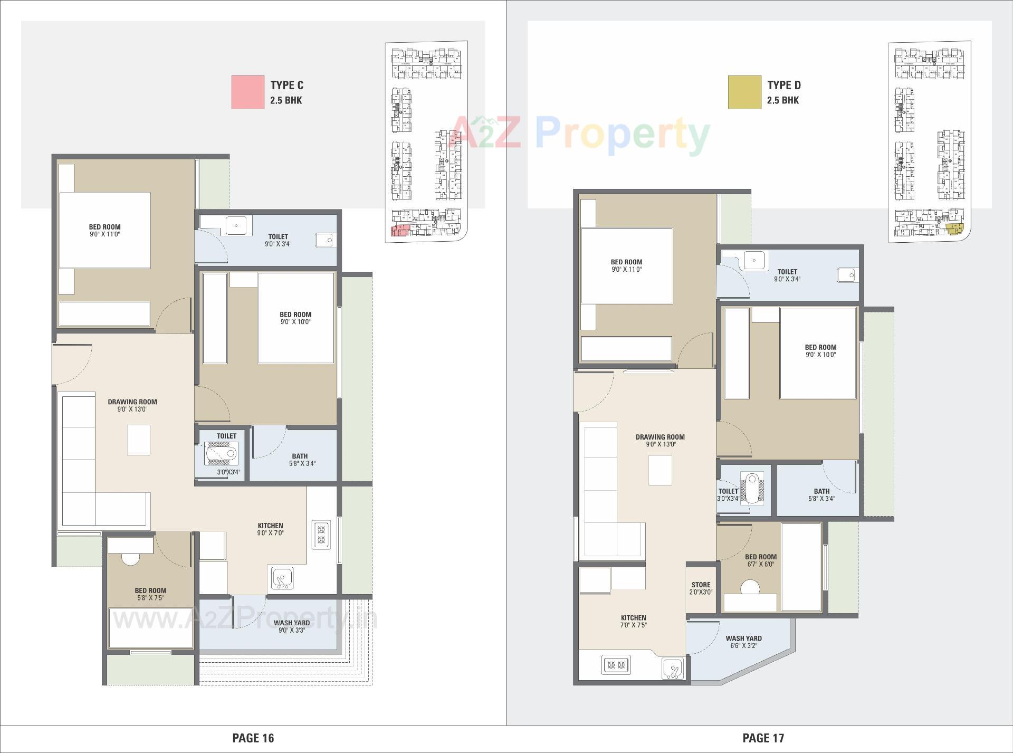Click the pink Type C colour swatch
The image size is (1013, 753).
tap(247, 92)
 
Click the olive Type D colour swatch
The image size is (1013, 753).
tap(744, 92)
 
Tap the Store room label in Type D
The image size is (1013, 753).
tap(701, 588)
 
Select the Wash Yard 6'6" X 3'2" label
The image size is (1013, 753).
tap(743, 642)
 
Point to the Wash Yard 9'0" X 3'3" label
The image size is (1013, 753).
tap(291, 626)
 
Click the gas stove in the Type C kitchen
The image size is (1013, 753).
tap(321, 535)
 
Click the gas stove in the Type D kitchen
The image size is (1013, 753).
tap(616, 665)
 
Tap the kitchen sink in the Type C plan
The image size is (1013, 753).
tap(282, 578)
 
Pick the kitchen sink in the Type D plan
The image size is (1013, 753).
tap(673, 669)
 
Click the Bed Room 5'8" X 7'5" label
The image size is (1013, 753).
tap(150, 594)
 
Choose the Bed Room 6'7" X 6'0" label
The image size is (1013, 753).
tap(760, 560)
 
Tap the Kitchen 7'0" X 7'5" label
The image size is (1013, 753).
tap(633, 621)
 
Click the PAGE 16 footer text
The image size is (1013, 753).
tap(253, 738)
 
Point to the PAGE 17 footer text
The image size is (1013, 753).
tap(763, 738)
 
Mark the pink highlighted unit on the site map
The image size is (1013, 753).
tap(399, 231)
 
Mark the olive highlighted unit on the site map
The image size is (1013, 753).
tap(954, 228)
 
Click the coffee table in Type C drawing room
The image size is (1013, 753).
tap(139, 440)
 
